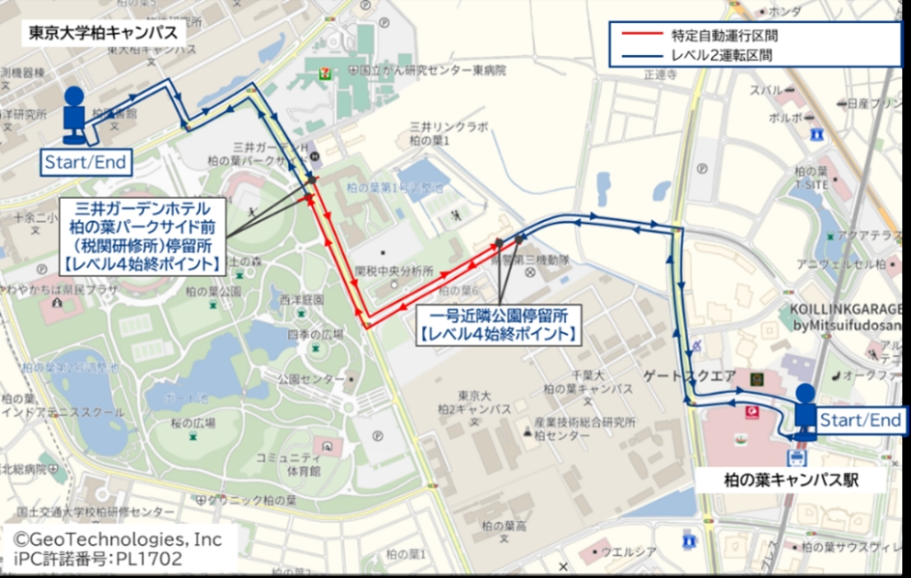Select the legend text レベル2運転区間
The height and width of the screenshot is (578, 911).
tap(721, 55)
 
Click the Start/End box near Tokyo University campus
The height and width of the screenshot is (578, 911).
tap(85, 162)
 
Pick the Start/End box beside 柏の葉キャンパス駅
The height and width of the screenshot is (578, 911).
tap(861, 420)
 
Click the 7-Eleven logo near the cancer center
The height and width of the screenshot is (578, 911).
tap(319, 70)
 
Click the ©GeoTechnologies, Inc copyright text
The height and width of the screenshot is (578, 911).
tap(117, 538)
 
